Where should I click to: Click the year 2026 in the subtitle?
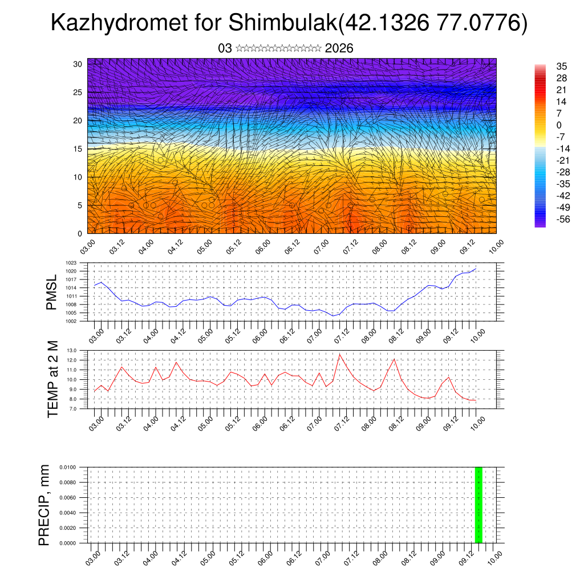tap(339, 48)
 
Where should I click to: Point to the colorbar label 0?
tap(559, 125)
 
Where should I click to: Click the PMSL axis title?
tap(52, 291)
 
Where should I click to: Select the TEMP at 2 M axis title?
tap(53, 379)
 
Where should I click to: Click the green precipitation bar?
tap(478, 505)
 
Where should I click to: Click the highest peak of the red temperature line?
tap(340, 354)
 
